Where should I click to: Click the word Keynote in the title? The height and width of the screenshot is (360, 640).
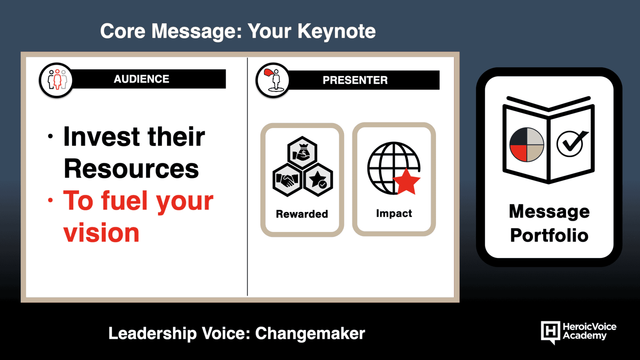[x=336, y=32]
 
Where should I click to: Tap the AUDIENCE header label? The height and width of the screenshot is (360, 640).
[x=142, y=79]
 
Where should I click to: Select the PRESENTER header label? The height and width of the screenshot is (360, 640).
[x=355, y=80]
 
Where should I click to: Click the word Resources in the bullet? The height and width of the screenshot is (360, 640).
[x=131, y=168]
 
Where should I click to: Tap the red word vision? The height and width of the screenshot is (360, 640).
[x=101, y=233]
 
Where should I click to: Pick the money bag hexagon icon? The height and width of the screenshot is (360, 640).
[x=302, y=152]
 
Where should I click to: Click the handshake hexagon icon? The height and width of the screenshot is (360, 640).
[x=287, y=180]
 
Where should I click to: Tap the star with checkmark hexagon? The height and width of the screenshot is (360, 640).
[x=318, y=180]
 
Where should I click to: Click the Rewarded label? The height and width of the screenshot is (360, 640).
[x=302, y=214]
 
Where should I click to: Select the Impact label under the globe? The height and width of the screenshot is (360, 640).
[x=394, y=214]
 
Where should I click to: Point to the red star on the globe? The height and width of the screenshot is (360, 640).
[x=406, y=182]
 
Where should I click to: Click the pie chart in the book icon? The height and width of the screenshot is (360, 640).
[x=526, y=145]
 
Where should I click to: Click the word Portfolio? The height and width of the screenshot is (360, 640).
[x=549, y=235]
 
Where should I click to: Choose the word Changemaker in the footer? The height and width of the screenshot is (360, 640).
[x=310, y=334]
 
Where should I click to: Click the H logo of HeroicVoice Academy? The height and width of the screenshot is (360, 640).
[x=550, y=332]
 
